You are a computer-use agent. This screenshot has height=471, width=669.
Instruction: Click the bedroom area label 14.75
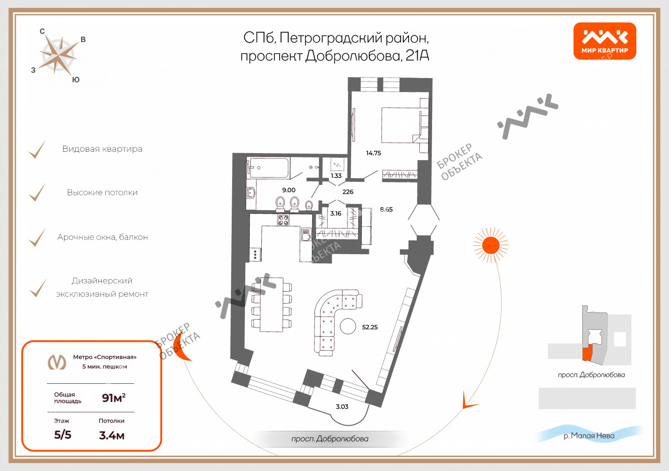(373, 153)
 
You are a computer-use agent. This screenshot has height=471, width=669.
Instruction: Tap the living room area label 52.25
(370, 327)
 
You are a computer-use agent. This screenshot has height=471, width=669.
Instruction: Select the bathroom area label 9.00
(288, 190)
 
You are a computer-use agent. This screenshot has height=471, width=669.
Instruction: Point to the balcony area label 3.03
(342, 406)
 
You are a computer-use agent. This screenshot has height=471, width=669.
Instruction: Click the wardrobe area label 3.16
(335, 214)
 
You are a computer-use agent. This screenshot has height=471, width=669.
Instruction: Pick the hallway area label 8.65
(386, 209)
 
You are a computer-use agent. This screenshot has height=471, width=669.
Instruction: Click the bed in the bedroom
(402, 125)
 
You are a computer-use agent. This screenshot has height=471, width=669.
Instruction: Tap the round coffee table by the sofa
(348, 326)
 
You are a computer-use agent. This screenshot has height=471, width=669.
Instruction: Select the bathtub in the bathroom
(268, 168)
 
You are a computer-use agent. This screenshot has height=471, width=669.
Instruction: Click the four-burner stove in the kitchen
(284, 220)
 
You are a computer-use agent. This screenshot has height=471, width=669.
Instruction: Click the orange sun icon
(491, 245)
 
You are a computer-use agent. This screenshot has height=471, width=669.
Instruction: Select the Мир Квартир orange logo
(605, 41)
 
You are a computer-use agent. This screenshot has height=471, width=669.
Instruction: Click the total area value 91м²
(114, 398)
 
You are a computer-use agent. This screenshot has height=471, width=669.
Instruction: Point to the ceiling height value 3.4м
(111, 435)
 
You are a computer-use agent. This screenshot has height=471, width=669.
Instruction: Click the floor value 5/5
(62, 435)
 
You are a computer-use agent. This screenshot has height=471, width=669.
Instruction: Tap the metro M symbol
(57, 362)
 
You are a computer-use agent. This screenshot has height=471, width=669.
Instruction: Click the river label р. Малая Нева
(589, 436)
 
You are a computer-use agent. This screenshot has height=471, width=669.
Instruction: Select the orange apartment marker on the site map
(587, 353)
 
